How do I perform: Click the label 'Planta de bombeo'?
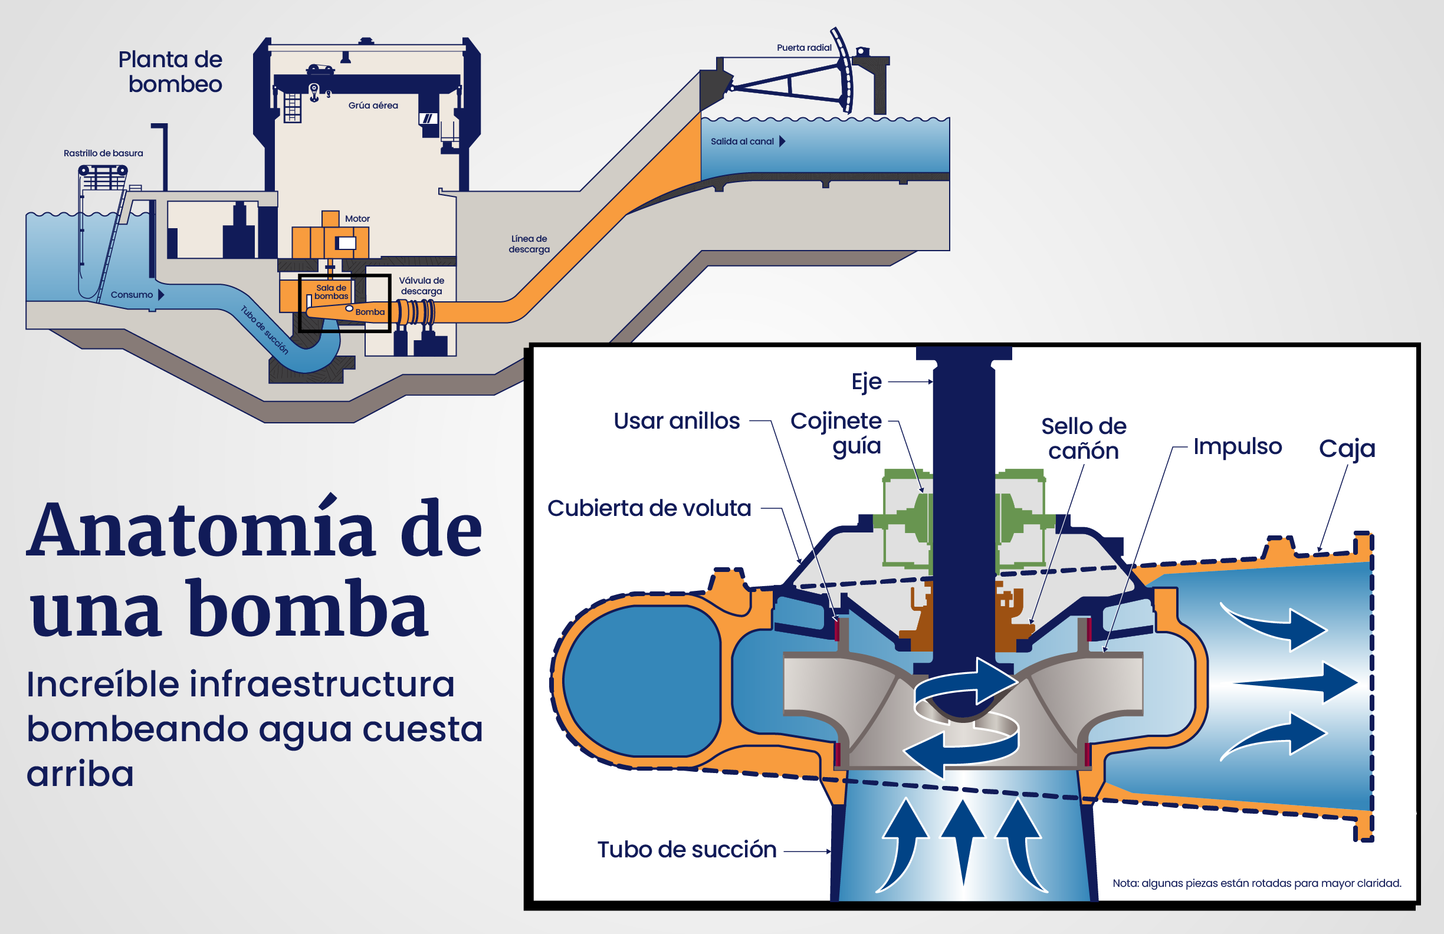pos(170,71)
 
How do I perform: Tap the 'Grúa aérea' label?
pos(373,105)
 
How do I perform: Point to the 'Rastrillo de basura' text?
pos(103,153)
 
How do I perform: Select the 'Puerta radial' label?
pos(804,47)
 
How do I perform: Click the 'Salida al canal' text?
pos(742,142)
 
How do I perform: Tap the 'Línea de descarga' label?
pos(529,244)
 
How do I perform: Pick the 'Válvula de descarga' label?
pos(422,285)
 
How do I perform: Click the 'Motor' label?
pos(357,218)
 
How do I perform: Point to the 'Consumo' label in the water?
pos(132,295)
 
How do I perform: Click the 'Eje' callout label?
pos(867,382)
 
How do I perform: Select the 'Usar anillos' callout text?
pos(677,420)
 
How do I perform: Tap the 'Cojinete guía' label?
pos(836,433)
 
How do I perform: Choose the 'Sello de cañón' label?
pos(1084,439)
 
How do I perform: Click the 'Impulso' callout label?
pos(1238,446)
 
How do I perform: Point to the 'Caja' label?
pos(1347,449)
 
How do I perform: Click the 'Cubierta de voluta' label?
pos(649,508)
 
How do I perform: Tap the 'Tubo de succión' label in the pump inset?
pos(687,850)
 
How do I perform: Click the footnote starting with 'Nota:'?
pos(1256,883)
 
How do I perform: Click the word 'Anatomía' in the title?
pos(201,528)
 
